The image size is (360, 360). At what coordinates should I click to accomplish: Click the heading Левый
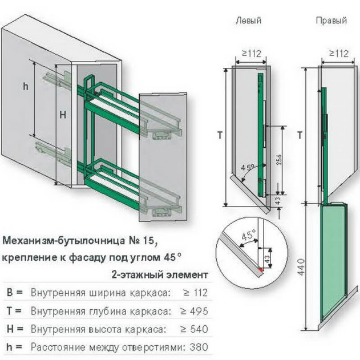(249, 21)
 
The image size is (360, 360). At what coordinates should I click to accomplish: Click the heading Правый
(331, 21)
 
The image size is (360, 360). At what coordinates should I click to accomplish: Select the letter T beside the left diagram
(220, 135)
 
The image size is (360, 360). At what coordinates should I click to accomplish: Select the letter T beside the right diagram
(300, 135)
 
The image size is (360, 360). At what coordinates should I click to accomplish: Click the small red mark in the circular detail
(260, 268)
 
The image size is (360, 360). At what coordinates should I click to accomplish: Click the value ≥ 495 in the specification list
(194, 311)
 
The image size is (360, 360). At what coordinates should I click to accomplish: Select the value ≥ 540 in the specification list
(194, 329)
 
